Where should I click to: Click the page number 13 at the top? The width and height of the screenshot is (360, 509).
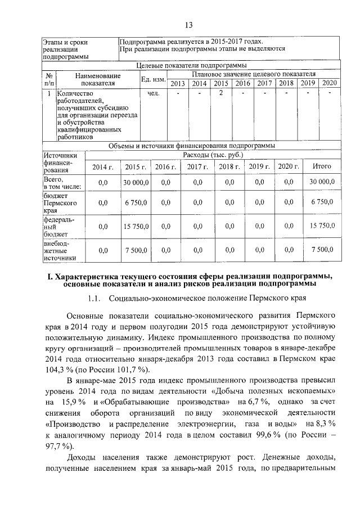click(x=188, y=24)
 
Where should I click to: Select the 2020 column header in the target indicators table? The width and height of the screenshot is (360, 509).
click(x=329, y=83)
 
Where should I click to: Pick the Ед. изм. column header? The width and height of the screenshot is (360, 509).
click(x=152, y=79)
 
